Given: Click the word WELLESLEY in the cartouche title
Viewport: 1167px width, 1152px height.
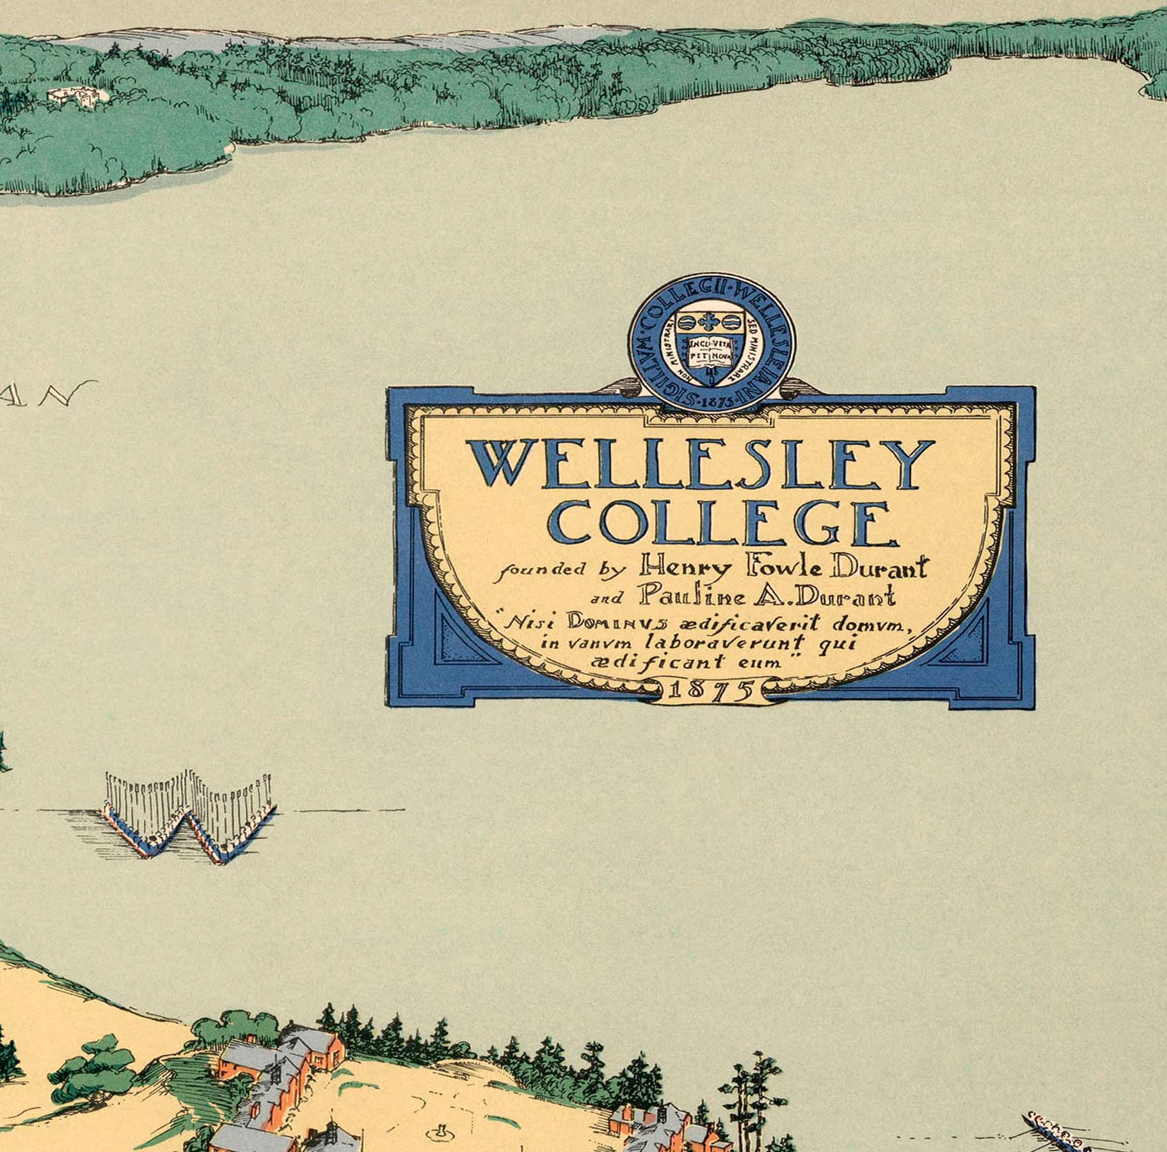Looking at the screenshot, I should [x=701, y=463].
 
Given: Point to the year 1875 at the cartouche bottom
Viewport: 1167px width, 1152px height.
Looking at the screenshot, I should [x=711, y=691].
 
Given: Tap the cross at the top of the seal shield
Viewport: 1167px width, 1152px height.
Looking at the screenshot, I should [x=710, y=321].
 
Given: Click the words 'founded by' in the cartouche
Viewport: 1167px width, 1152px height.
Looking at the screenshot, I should [x=560, y=569].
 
